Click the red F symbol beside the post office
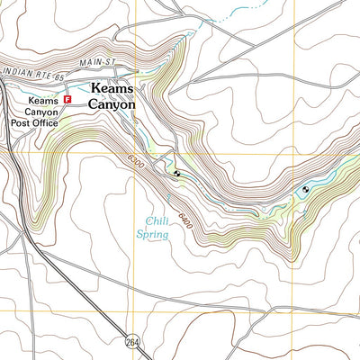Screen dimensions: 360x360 [x=67, y=100]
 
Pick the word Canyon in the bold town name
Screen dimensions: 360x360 [x=112, y=104]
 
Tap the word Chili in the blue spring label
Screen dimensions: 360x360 [x=158, y=220]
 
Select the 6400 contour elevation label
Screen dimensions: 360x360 [x=184, y=217]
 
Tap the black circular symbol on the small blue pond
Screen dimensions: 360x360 [x=306, y=189]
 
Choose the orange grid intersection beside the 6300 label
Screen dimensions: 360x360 [x=136, y=153]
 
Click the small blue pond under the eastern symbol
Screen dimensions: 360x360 [x=301, y=193]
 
